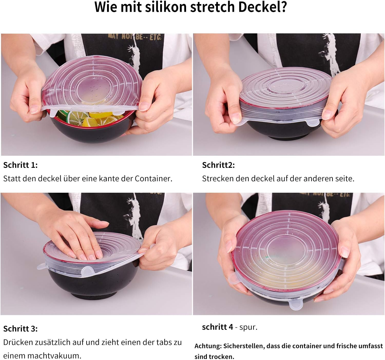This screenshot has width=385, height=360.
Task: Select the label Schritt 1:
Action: tap(20, 165)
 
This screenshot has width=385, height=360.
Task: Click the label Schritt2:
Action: tap(218, 165)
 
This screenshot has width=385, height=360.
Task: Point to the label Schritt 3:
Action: tap(20, 329)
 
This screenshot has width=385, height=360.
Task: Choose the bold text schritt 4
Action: tap(217, 327)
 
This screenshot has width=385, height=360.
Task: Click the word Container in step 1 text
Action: tap(153, 179)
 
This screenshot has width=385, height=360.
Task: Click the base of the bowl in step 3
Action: tap(92, 295)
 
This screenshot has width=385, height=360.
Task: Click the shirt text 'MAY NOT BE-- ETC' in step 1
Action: tap(135, 37)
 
